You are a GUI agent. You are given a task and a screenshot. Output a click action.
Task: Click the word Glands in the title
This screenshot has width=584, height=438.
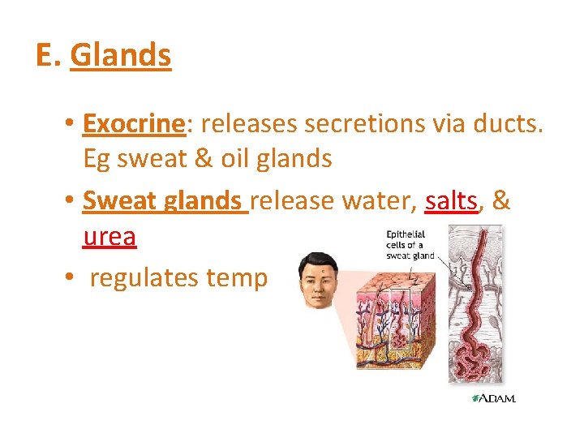pos(120,55)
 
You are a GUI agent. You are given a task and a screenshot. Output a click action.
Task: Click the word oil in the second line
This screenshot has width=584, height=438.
pos(234,158)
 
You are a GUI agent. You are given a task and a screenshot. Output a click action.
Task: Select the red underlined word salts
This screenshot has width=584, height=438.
pos(451,201)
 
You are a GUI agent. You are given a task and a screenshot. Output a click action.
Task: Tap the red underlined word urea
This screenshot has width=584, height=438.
pos(109,236)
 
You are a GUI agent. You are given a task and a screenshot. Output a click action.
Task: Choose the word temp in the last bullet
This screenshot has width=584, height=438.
pos(237,278)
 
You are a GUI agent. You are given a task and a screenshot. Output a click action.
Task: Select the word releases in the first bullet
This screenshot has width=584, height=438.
pos(250,123)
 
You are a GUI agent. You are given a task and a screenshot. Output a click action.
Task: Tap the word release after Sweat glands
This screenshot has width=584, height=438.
pos(294,201)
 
